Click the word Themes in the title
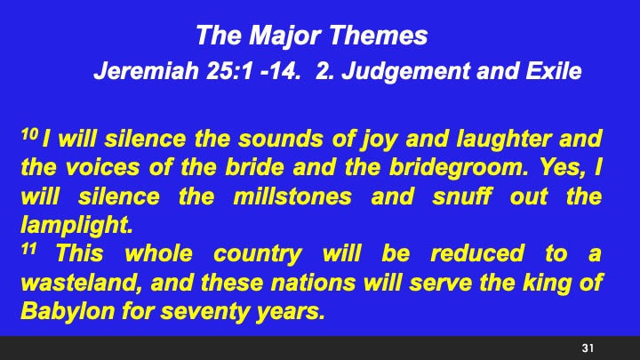click(x=380, y=36)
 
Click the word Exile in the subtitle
click(x=554, y=71)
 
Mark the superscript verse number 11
click(x=27, y=250)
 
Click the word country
click(x=258, y=254)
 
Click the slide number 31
click(x=587, y=347)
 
